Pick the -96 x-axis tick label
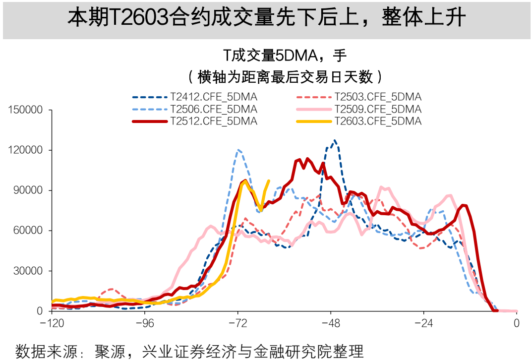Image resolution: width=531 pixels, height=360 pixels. pyautogui.click(x=145, y=323)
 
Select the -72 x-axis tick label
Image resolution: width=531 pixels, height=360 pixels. pyautogui.click(x=237, y=323)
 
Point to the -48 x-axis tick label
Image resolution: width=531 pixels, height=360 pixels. pyautogui.click(x=331, y=323)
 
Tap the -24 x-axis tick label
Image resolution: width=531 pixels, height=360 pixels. pyautogui.click(x=423, y=323)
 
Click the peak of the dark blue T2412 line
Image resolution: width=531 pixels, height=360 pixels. pyautogui.click(x=335, y=140)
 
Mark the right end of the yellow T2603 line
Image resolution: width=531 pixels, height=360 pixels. pyautogui.click(x=269, y=181)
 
